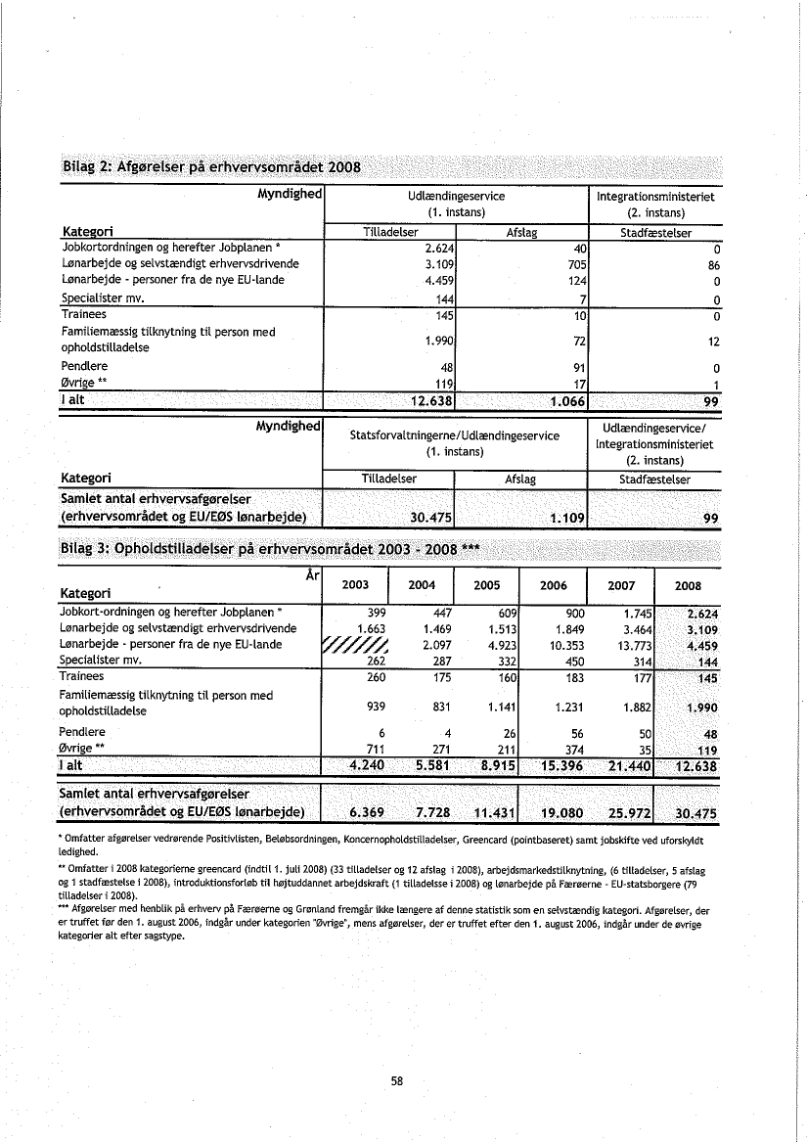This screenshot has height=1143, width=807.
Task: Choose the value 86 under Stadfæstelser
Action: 713,263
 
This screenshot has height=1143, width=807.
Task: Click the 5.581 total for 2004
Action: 426,765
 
